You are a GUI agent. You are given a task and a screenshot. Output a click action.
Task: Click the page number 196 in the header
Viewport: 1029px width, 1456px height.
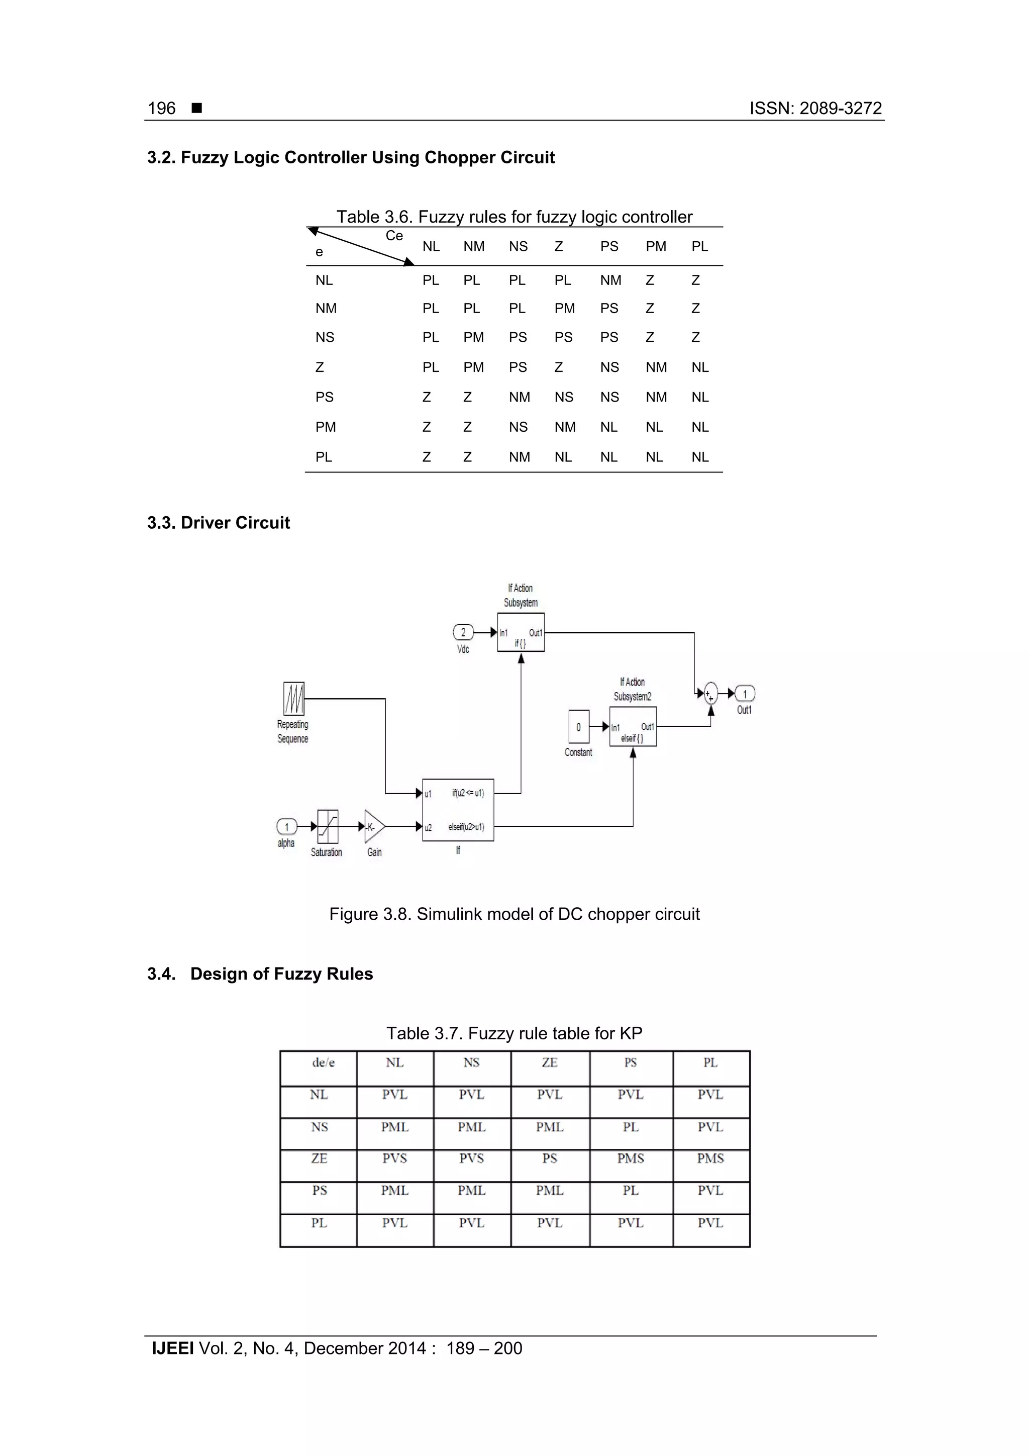click(161, 109)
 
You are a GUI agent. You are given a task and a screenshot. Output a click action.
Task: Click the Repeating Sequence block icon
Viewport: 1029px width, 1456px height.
click(293, 698)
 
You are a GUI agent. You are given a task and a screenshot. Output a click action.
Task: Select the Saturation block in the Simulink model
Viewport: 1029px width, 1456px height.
click(327, 826)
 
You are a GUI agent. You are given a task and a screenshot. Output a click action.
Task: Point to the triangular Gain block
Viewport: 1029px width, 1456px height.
click(374, 826)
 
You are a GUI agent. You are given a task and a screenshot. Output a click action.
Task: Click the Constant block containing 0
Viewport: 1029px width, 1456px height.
click(578, 727)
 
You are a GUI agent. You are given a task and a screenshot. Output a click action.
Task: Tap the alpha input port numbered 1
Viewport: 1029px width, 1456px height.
click(286, 826)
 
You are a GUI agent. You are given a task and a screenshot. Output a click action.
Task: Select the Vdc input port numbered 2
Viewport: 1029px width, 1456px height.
click(463, 632)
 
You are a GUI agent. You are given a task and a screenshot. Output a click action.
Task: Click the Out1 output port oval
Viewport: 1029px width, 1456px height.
click(745, 694)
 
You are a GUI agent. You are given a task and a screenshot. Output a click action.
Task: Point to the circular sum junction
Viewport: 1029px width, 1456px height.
click(711, 694)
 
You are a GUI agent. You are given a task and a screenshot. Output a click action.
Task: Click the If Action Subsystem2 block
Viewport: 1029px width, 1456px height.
click(633, 727)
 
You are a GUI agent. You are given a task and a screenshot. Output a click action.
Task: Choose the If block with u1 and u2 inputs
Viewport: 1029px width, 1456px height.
click(458, 810)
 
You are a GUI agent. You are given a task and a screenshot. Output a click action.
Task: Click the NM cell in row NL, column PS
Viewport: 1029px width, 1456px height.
click(610, 280)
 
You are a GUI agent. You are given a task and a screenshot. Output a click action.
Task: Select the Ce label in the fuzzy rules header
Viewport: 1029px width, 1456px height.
click(394, 236)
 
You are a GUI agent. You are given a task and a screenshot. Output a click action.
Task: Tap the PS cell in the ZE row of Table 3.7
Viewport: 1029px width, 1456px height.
click(549, 1158)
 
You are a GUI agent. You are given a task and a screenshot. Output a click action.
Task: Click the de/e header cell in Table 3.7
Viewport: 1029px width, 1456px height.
click(324, 1063)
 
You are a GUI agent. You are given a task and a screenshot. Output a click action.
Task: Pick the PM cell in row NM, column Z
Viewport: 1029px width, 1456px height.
click(564, 309)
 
